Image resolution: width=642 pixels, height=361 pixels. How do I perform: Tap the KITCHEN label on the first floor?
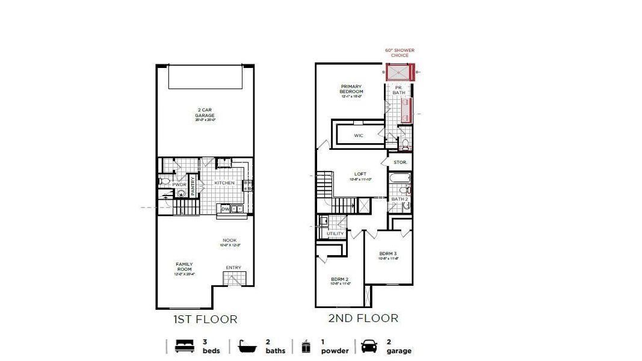point(224,183)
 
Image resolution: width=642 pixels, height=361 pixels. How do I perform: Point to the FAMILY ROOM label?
point(184,267)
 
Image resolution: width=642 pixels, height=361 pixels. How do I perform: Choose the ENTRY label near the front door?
point(233,268)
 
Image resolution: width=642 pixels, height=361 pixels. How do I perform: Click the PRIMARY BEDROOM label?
point(351,89)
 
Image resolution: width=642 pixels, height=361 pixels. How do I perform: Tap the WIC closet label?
point(359,135)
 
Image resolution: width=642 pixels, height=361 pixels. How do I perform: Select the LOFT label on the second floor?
point(360,174)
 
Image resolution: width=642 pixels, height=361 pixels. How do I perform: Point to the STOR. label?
point(400,162)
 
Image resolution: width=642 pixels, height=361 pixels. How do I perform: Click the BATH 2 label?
point(400,199)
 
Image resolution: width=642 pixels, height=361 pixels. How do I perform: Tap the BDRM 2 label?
point(340,279)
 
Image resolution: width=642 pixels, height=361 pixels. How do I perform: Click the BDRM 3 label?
point(388,253)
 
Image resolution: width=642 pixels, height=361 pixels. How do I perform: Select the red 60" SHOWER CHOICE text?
point(400,53)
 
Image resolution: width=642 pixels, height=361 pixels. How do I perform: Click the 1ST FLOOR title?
point(205,319)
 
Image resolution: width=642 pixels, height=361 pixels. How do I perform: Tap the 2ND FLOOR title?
point(363,318)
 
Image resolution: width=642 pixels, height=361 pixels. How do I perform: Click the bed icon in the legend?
point(184,347)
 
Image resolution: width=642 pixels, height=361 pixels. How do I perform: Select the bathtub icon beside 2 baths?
point(247,347)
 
